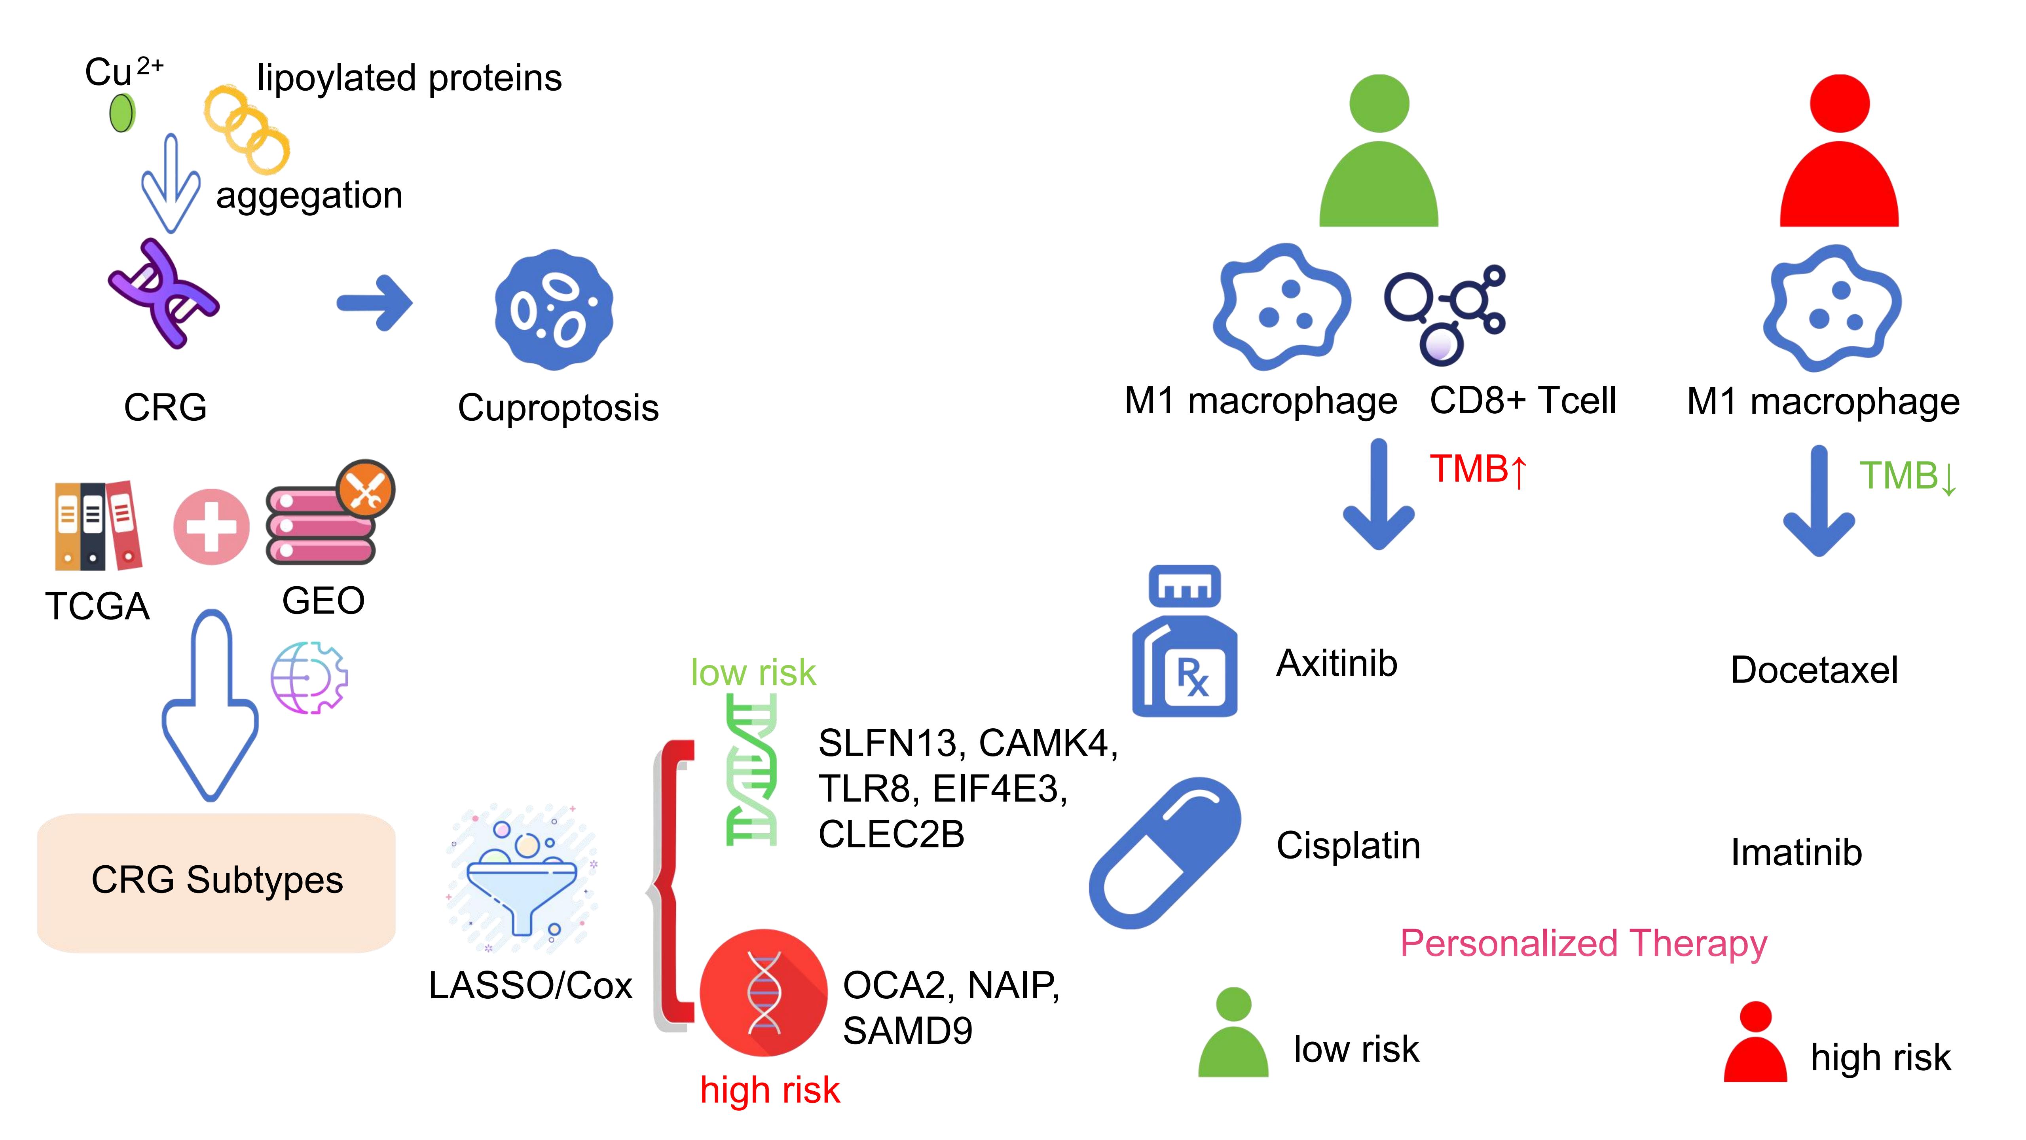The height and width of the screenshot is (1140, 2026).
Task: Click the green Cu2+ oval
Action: coord(122,112)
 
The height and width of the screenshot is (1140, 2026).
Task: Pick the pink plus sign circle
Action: coord(211,526)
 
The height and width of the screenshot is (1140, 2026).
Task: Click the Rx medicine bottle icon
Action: coord(1184,641)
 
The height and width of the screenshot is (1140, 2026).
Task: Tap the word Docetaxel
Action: coord(1814,670)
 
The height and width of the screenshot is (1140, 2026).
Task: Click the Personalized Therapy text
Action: coord(1583,943)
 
